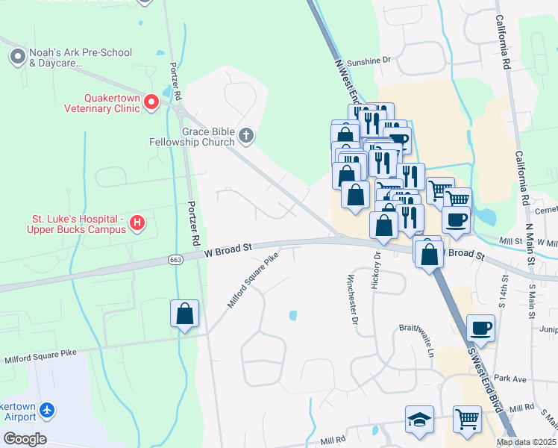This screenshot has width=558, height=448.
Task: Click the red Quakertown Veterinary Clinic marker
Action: click(151, 102)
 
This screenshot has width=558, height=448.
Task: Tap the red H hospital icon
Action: click(137, 223)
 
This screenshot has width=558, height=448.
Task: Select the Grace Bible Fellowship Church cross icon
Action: click(247, 136)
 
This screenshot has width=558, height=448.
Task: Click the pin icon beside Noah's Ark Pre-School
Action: click(16, 57)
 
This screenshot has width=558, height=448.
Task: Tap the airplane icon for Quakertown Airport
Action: click(48, 411)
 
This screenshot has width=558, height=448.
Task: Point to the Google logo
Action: click(24, 438)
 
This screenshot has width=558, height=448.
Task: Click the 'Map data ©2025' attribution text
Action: click(525, 442)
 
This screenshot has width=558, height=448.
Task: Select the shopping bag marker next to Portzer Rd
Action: click(184, 314)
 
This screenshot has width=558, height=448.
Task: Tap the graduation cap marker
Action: click(419, 420)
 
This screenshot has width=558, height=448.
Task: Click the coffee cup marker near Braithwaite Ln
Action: click(480, 329)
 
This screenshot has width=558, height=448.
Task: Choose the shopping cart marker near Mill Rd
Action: click(467, 420)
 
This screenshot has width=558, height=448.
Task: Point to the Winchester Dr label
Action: click(351, 299)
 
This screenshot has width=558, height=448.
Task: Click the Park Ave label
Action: click(510, 379)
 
